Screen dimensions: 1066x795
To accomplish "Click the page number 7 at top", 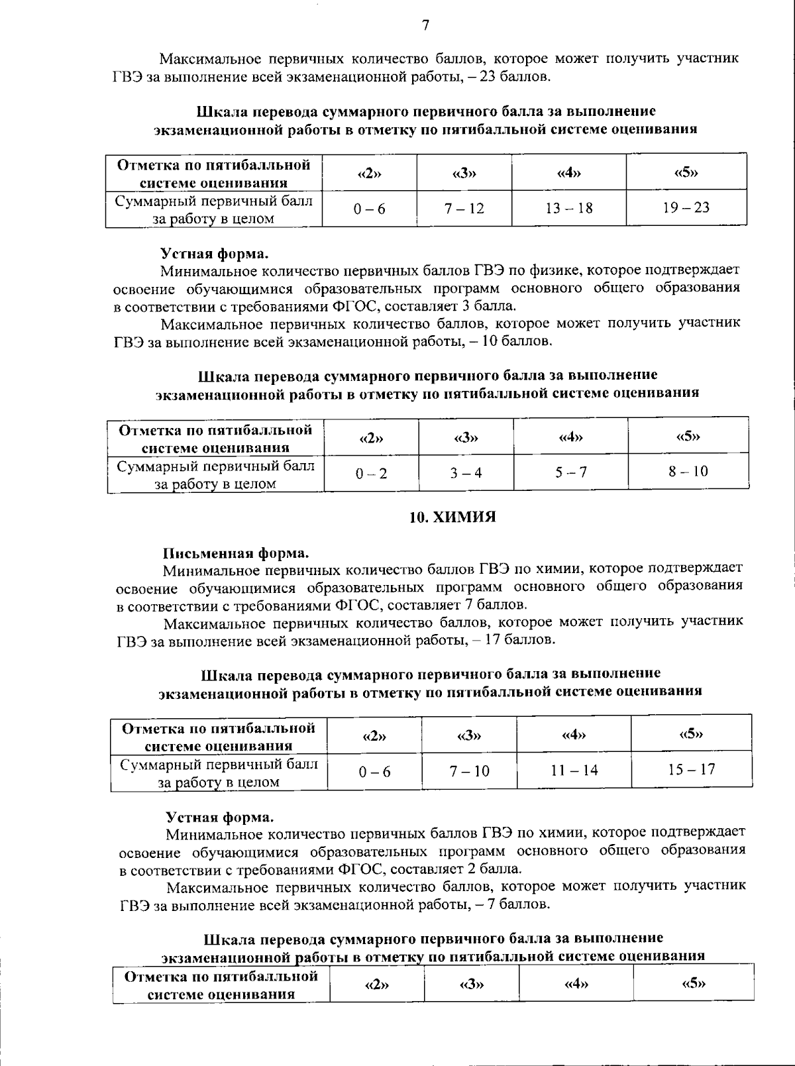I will (x=425, y=25).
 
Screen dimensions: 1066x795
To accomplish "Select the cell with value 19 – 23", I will (x=686, y=207).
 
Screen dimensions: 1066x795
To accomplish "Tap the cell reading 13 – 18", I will (x=568, y=208).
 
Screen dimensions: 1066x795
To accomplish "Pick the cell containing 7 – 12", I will (x=464, y=208).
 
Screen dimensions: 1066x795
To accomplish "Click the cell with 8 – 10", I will (x=688, y=471).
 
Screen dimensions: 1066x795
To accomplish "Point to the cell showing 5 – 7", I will (x=570, y=472).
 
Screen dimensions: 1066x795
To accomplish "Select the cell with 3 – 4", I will (x=466, y=472).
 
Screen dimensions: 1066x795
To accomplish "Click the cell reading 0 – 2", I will (x=371, y=473).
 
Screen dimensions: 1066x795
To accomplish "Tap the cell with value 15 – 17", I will (x=691, y=769).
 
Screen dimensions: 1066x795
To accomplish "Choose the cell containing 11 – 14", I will (x=574, y=770).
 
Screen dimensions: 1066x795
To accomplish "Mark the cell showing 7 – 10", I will (x=469, y=771).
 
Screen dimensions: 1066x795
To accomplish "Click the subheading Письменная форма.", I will (x=236, y=553).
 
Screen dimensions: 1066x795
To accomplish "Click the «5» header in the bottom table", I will (x=693, y=983).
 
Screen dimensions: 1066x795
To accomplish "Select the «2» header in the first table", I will (x=369, y=174).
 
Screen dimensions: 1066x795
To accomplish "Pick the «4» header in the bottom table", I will (x=576, y=984).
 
